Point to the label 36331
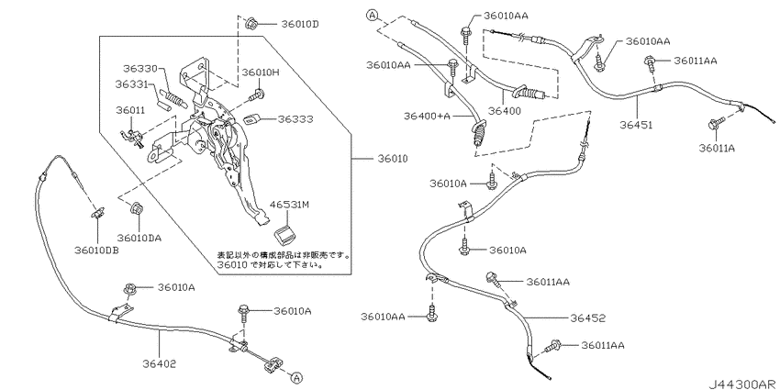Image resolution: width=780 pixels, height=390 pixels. pyautogui.click(x=131, y=84)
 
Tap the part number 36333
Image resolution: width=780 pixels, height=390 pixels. pyautogui.click(x=295, y=119)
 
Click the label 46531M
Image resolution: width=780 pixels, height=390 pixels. pyautogui.click(x=289, y=205)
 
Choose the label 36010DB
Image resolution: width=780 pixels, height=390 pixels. pyautogui.click(x=97, y=251)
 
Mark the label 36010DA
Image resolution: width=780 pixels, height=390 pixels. pyautogui.click(x=139, y=239)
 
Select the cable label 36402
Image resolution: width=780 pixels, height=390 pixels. pyautogui.click(x=160, y=364)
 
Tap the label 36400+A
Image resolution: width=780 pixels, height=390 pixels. pyautogui.click(x=428, y=116)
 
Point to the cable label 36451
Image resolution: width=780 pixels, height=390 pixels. pyautogui.click(x=636, y=125)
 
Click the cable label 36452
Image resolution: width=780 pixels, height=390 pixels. pyautogui.click(x=589, y=318)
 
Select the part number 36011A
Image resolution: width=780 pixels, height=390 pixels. pyautogui.click(x=717, y=148)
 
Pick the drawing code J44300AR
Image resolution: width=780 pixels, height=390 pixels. pyautogui.click(x=743, y=384)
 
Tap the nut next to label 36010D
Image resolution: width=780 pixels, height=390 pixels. pyautogui.click(x=251, y=23)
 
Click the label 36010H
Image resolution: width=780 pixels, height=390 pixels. pyautogui.click(x=261, y=72)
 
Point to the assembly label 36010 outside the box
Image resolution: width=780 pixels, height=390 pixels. pyautogui.click(x=393, y=159)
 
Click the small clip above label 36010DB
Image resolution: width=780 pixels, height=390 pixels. pyautogui.click(x=97, y=212)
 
